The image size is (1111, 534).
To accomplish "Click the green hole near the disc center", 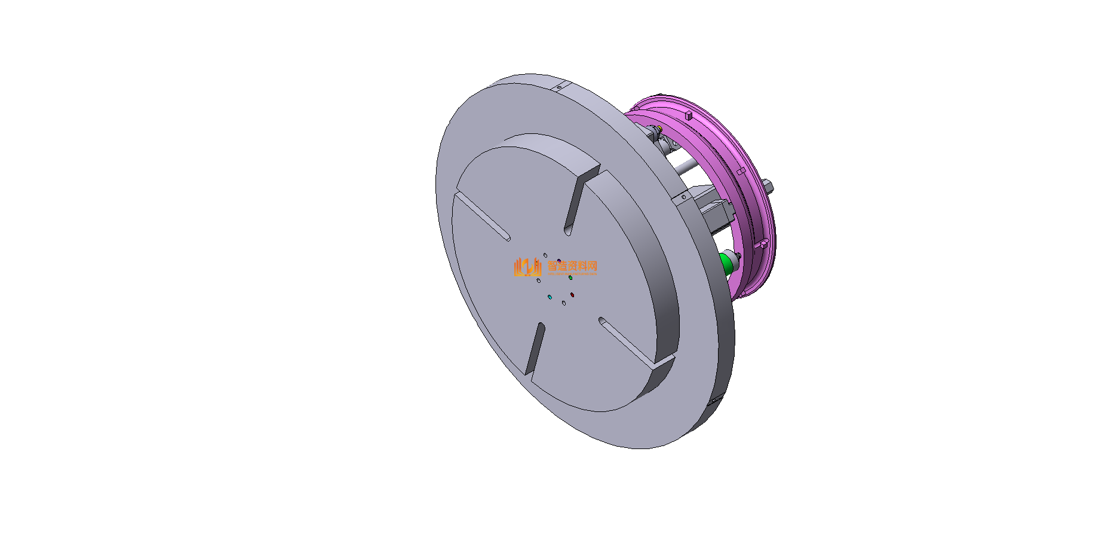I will click(x=570, y=278).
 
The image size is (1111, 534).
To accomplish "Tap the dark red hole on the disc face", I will click(x=572, y=295).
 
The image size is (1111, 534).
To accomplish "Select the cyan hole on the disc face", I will click(x=550, y=297).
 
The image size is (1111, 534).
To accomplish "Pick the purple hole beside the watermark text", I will click(x=558, y=261).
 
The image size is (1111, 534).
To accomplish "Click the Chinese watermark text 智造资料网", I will click(x=572, y=266).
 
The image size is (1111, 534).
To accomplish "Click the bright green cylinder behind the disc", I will click(x=726, y=263).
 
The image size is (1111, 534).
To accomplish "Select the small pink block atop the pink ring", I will click(x=688, y=113).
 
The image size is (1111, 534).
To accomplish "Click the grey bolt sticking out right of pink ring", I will click(x=771, y=186).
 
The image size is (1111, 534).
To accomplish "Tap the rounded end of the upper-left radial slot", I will click(x=507, y=238).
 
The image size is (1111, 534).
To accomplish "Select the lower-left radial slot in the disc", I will click(x=535, y=350).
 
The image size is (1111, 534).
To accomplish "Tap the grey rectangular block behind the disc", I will click(x=715, y=211).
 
